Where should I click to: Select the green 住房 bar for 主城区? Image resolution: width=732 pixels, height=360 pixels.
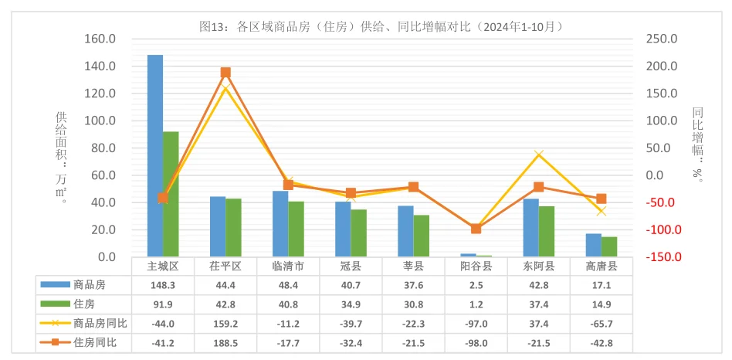pos(171,194)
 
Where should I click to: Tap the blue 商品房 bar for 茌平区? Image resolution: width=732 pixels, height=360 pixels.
pos(218,226)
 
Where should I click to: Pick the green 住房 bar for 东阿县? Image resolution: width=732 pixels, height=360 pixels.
pos(547,231)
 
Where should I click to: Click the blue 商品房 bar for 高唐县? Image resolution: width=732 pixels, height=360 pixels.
pos(593,245)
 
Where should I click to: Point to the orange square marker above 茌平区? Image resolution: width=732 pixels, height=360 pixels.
pos(225,73)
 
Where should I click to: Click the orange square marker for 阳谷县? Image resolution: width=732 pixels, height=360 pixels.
pos(476,229)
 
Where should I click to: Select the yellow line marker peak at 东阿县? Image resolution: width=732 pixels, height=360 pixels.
pos(539,155)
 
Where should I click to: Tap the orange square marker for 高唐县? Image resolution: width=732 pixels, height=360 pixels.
pos(602,199)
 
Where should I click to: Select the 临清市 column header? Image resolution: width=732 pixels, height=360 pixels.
pos(288,267)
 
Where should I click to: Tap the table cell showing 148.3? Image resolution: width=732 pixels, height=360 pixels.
pos(163,285)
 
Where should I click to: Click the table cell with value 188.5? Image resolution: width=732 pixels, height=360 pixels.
pos(225,342)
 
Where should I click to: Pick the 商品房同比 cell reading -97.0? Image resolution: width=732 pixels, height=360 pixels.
pos(476,323)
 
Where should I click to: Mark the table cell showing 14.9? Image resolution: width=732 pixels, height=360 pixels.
pos(602,304)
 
